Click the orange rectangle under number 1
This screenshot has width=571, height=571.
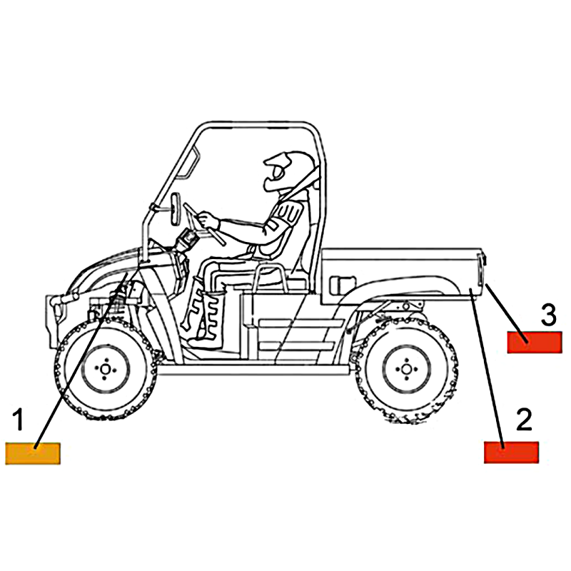33,453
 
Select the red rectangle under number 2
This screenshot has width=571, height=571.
511,453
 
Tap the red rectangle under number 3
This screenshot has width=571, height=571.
535,342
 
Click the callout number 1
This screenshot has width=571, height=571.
19,420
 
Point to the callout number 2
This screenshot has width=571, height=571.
524,420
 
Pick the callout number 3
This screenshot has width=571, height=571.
549,315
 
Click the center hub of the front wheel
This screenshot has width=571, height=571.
105,369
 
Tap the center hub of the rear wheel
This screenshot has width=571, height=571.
406,369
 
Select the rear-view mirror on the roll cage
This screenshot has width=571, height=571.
176,208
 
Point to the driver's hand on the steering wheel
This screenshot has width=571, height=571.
208,221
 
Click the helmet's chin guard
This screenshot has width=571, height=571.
271,182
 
